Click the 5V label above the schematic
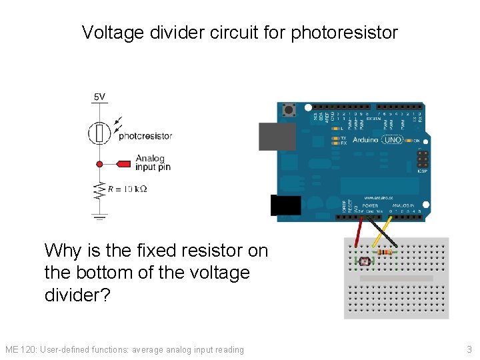(99, 97)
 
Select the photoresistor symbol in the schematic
(99, 133)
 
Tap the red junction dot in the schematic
(99, 163)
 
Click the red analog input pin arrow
(124, 163)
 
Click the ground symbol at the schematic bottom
(99, 215)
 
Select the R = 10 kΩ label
(127, 189)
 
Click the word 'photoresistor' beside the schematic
(145, 136)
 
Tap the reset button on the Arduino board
(289, 109)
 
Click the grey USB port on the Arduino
(275, 137)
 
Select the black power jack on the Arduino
(285, 205)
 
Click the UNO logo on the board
(393, 140)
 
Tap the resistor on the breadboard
(385, 252)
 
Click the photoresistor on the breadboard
(364, 262)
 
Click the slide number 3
(469, 349)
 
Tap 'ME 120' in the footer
(20, 349)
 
